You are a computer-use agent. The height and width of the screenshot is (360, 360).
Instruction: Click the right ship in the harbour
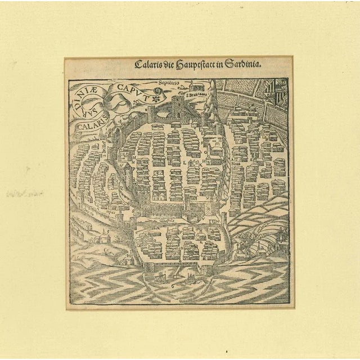point(189,277)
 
